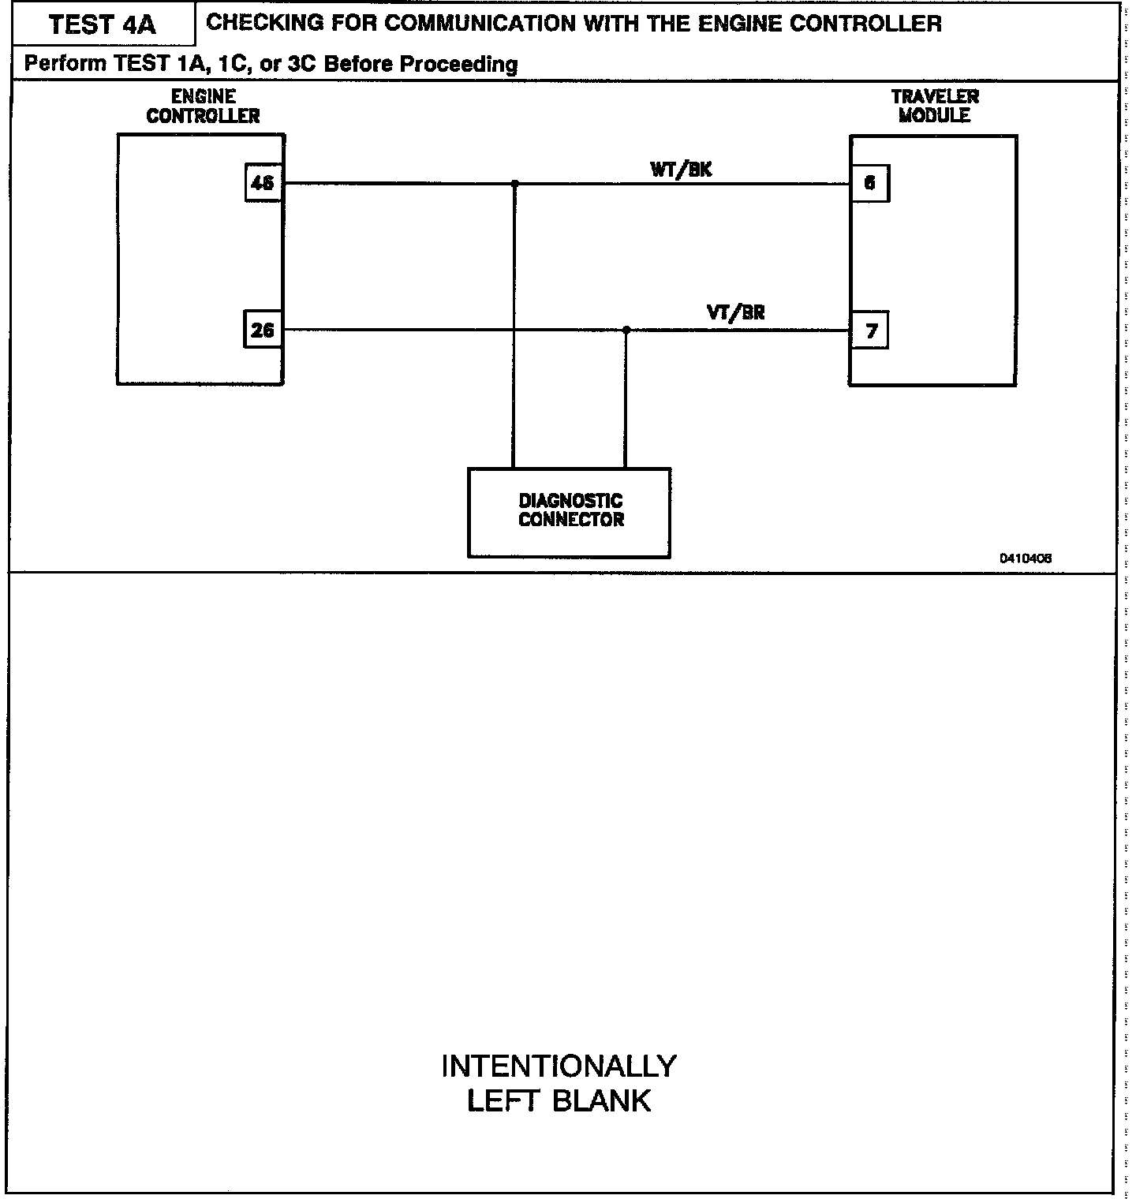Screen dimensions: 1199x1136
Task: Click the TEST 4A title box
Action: click(x=103, y=24)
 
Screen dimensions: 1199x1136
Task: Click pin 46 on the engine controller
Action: click(x=263, y=184)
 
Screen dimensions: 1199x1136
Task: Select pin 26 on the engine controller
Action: click(x=263, y=331)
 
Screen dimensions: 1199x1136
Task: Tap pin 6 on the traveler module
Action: click(x=869, y=184)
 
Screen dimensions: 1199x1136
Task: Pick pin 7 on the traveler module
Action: click(x=870, y=331)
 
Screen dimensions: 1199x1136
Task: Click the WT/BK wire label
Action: click(x=681, y=170)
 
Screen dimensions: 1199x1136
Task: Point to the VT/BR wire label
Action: click(x=735, y=313)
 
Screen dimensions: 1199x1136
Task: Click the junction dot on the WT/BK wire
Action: click(x=515, y=183)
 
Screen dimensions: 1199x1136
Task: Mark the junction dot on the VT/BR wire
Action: click(x=626, y=330)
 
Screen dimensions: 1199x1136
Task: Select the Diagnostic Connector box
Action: click(x=570, y=513)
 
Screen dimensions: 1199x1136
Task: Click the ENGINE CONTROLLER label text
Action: click(x=203, y=106)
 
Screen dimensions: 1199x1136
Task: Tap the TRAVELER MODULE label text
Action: click(x=935, y=106)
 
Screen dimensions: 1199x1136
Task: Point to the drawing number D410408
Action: click(x=1026, y=558)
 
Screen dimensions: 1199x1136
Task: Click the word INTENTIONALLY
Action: click(x=559, y=1066)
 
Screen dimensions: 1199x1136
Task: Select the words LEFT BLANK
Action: click(x=559, y=1101)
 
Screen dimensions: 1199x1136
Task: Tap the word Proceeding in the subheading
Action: click(x=459, y=64)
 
